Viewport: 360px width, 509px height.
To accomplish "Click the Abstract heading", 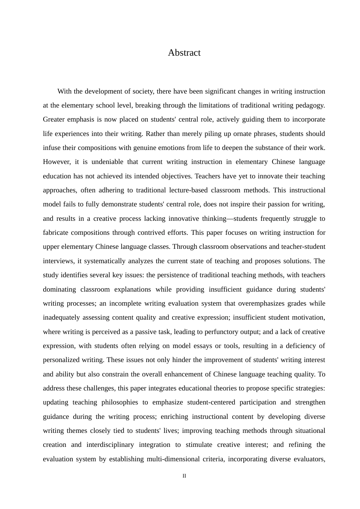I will pos(184,53).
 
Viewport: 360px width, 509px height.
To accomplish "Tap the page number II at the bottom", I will pos(184,476).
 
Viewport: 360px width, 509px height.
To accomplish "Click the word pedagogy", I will pos(311,105).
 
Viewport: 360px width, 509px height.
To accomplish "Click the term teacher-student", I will pos(303,247).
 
